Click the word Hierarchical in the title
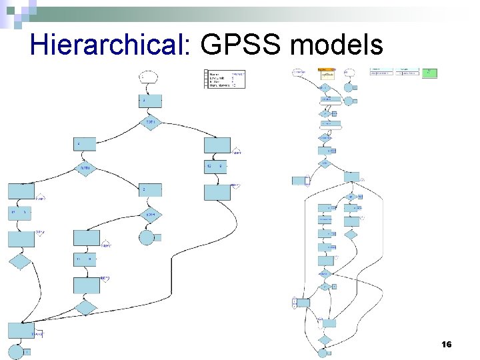point(111,45)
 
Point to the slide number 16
point(447,344)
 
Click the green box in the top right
point(430,72)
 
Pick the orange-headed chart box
point(327,73)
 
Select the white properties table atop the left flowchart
point(225,79)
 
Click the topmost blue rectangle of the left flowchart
point(150,101)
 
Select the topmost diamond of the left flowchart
point(151,123)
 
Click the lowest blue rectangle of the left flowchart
point(21,330)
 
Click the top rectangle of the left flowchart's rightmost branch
point(217,145)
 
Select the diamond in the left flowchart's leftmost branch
point(21,261)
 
